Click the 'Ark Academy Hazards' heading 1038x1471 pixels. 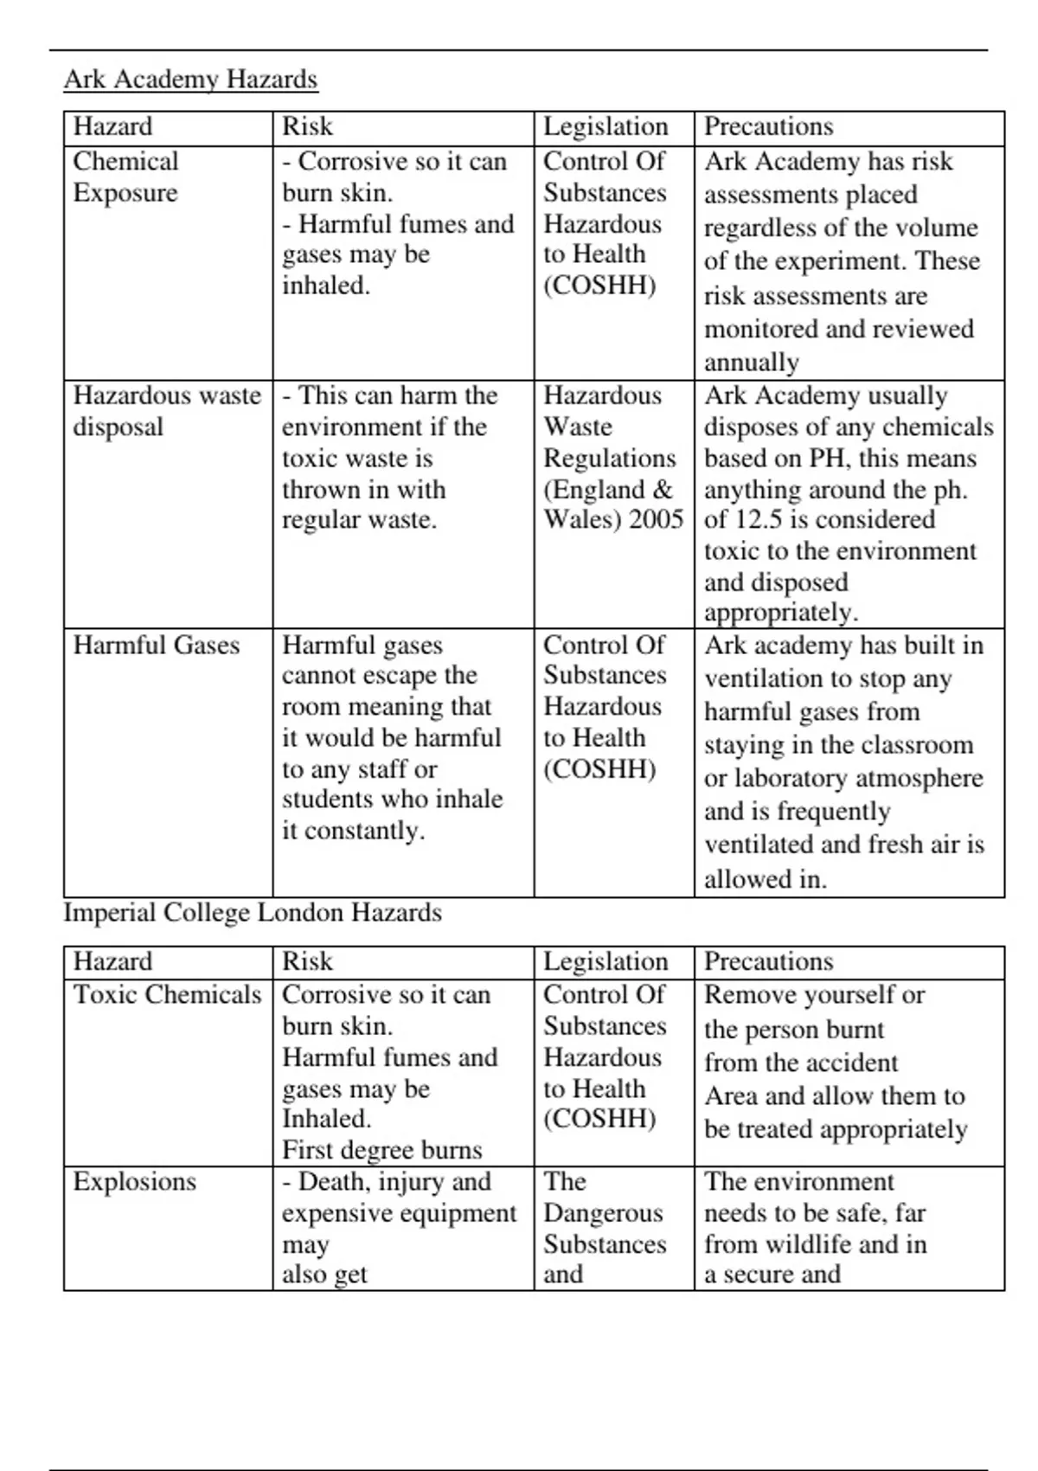190,80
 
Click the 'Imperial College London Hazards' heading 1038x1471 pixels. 252,913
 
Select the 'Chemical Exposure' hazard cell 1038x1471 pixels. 126,177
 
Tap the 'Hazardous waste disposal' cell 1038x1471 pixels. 166,411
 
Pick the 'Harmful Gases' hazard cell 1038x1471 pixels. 156,646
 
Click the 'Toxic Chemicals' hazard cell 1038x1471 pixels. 166,995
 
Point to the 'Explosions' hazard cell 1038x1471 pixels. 134,1182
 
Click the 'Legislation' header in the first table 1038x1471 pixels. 605,127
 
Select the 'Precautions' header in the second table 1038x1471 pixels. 768,961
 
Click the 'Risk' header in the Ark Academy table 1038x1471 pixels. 307,127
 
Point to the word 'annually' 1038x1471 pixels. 751,363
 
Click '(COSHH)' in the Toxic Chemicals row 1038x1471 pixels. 599,1119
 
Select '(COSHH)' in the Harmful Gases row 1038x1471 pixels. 599,769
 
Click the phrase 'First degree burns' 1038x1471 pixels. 381,1150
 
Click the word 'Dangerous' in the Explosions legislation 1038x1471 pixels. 603,1213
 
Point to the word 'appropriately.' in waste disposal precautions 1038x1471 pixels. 781,613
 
